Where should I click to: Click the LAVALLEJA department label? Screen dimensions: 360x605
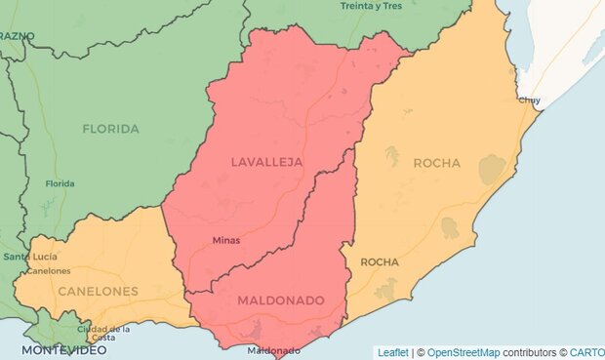266,161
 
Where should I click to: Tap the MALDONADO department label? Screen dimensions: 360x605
280,300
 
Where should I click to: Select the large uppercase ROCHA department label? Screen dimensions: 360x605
436,163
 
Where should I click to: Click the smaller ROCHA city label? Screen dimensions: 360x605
380,262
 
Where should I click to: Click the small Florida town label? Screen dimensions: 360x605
60,183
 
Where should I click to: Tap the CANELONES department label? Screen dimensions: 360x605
97,291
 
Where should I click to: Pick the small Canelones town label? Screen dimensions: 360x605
48,270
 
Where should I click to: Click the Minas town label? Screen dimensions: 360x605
225,240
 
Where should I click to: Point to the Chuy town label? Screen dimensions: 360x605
530,100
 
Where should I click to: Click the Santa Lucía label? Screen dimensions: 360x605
23,257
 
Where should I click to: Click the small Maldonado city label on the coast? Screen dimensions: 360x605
274,350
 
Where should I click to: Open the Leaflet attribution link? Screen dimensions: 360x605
392,352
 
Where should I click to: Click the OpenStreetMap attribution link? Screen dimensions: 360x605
464,352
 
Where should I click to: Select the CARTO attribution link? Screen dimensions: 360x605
587,352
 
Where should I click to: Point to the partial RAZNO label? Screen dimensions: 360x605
18,36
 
